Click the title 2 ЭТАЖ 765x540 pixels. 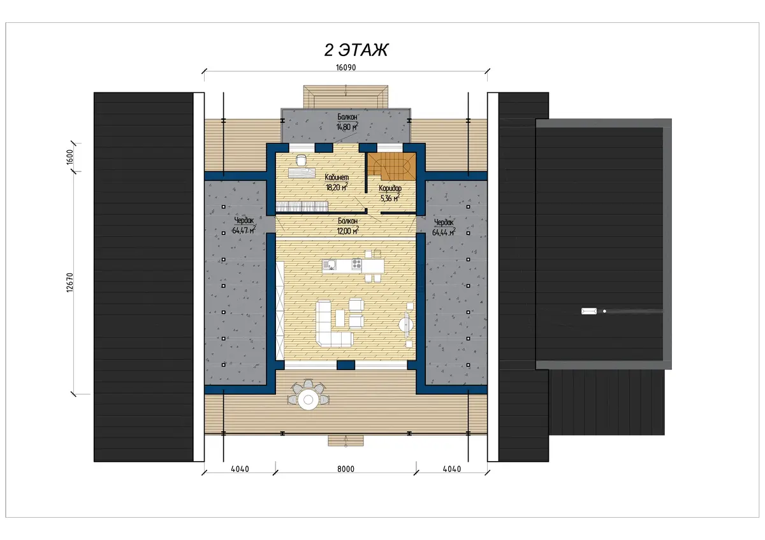[356, 50]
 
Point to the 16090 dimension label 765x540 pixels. [346, 67]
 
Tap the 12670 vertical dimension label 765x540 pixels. [69, 283]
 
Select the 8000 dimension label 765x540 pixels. [346, 469]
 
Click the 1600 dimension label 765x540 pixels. [69, 157]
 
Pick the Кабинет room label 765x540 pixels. [337, 178]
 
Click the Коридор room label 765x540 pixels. [390, 188]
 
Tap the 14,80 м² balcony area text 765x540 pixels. [347, 127]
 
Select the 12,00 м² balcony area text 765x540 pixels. [347, 231]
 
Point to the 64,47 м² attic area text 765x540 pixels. [244, 231]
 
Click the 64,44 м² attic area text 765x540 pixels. [444, 232]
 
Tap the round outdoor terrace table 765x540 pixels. [308, 399]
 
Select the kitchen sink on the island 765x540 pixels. [330, 264]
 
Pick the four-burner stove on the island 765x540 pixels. [356, 264]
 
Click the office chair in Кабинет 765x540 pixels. [301, 160]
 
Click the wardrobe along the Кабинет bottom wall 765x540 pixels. [302, 206]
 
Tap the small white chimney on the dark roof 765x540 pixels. [589, 311]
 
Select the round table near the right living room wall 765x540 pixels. [405, 324]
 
